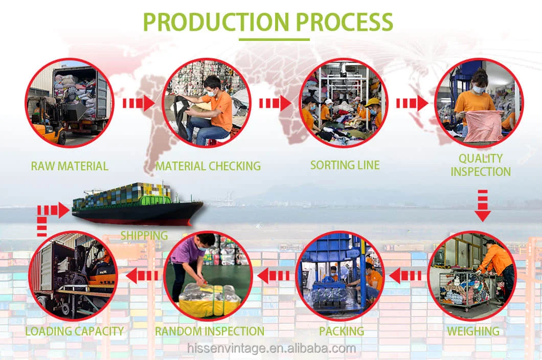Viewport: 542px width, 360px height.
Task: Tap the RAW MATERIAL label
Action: click(70, 166)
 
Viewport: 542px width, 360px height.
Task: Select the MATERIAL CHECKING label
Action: click(208, 166)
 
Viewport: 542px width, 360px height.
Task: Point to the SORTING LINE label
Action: click(345, 165)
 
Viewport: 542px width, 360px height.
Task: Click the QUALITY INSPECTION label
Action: click(481, 165)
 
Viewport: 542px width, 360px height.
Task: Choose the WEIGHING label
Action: click(473, 331)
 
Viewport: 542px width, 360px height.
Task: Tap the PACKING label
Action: click(342, 331)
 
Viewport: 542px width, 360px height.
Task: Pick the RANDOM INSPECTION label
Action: click(210, 331)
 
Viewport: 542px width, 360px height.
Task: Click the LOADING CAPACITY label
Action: click(75, 331)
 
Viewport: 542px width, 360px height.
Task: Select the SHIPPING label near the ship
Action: click(144, 236)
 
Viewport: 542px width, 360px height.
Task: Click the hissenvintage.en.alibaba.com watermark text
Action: click(271, 349)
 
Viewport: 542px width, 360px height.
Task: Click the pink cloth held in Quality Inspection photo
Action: click(483, 126)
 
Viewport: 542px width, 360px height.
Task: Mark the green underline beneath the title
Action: click(274, 39)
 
